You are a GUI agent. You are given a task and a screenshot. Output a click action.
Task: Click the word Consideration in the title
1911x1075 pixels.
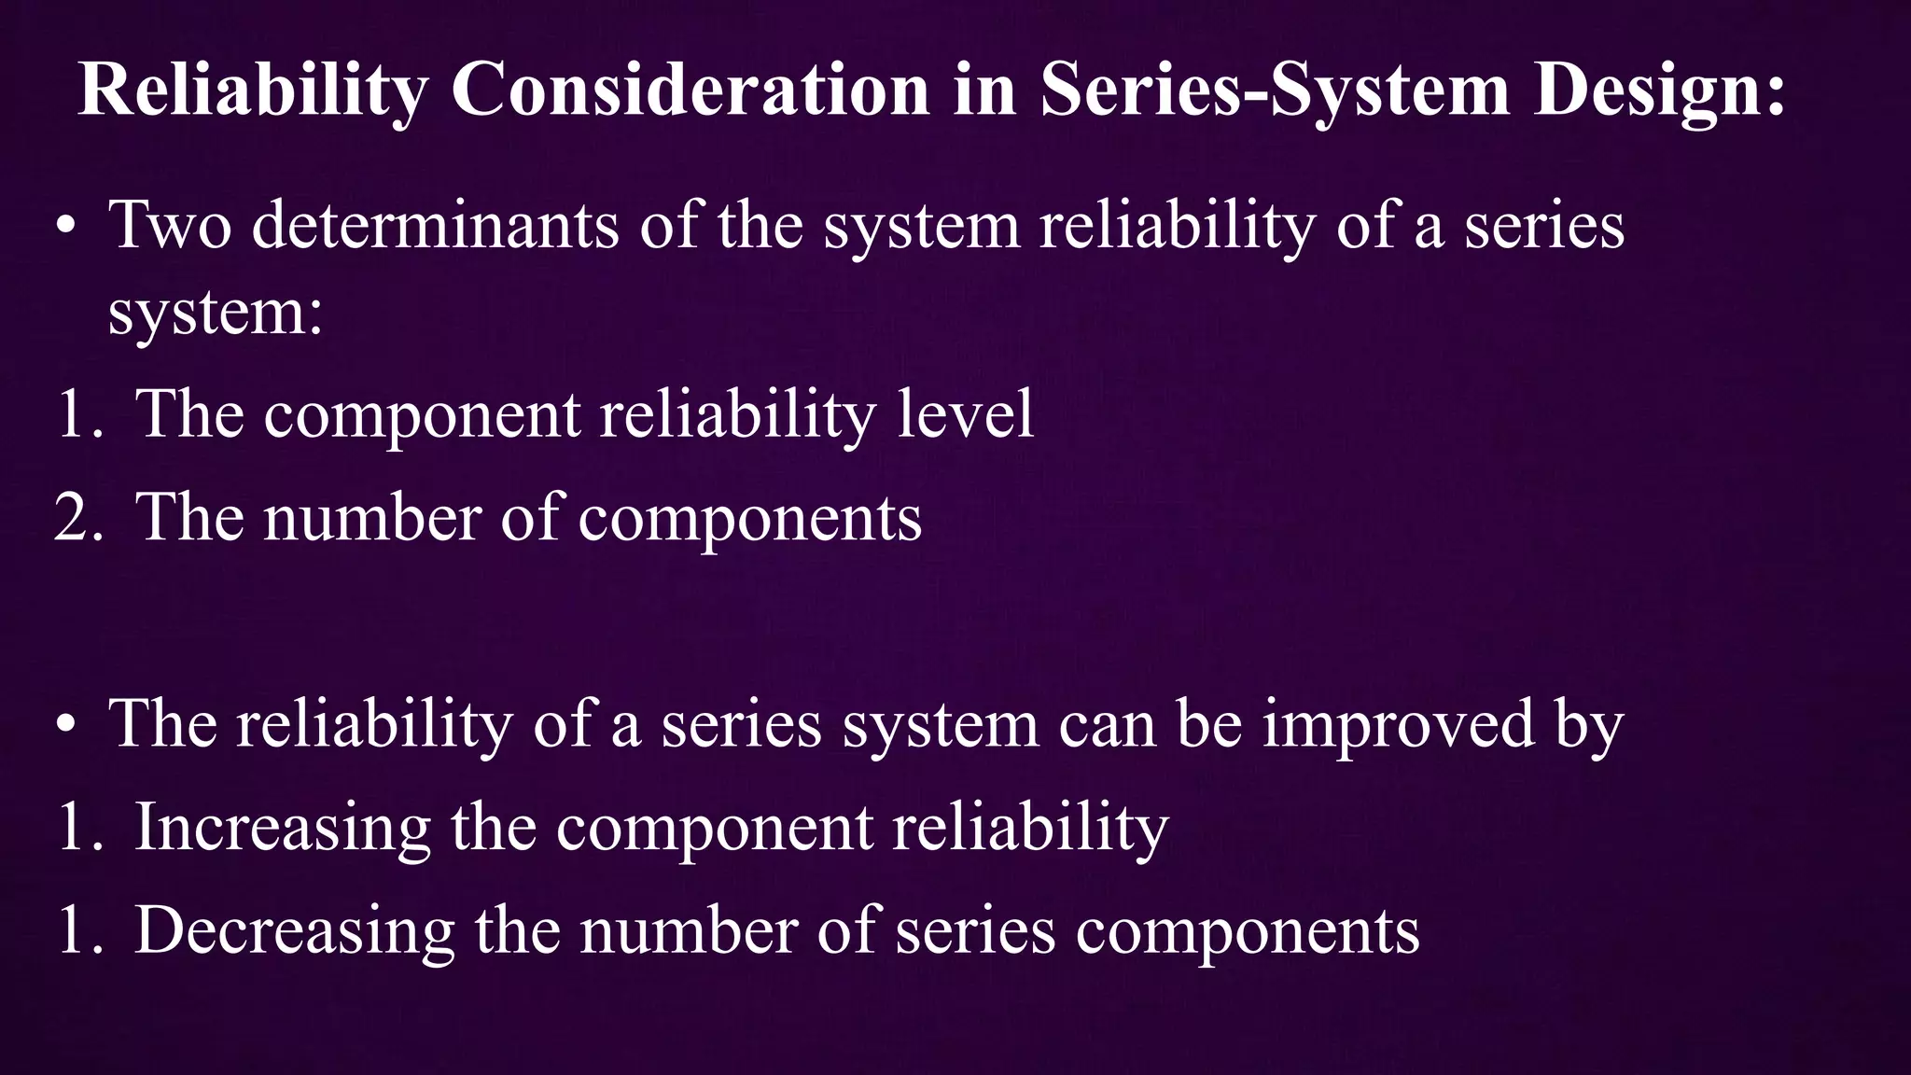click(690, 90)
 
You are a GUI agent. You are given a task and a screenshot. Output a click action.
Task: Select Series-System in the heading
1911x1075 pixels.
click(1274, 90)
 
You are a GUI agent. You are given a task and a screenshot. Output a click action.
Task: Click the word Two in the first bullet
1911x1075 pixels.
click(170, 225)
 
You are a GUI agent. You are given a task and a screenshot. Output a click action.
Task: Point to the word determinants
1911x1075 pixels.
click(435, 225)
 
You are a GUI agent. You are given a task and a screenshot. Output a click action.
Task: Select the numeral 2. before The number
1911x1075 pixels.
click(78, 517)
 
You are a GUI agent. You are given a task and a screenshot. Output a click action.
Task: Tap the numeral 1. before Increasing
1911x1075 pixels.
click(78, 827)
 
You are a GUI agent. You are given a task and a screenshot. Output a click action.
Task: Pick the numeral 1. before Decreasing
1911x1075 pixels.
click(78, 930)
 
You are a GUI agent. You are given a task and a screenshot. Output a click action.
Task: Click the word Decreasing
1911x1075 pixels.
click(295, 930)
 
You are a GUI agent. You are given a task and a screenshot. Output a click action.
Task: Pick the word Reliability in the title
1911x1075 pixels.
click(253, 90)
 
